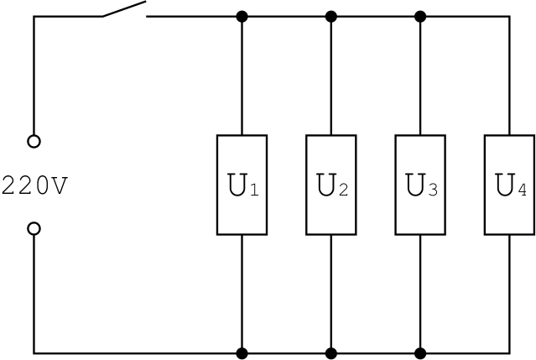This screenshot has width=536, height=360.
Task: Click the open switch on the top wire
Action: pos(124,11)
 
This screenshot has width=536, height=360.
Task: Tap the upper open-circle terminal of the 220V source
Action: pos(34,142)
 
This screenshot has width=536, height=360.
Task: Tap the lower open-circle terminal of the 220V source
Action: pos(34,228)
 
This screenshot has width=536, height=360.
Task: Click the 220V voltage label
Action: pos(34,185)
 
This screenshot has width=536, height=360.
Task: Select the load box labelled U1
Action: pos(242,185)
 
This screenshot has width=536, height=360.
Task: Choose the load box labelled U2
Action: pos(331,185)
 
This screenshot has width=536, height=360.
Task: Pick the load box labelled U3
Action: pos(420,185)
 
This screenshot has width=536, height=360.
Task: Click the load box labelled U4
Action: pos(509,185)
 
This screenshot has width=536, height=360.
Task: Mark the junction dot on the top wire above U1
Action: pos(242,16)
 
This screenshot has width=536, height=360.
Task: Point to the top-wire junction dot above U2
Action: pos(331,16)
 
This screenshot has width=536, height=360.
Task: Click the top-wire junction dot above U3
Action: pos(420,16)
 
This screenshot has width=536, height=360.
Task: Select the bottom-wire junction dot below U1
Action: pos(242,352)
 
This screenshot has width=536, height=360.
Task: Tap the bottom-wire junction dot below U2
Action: pos(331,352)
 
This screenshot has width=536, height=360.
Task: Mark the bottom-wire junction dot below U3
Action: pos(420,352)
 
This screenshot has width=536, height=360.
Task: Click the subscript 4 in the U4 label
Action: pos(522,190)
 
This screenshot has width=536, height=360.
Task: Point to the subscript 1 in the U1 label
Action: pos(255,190)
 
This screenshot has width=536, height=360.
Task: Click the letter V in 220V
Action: pos(58,185)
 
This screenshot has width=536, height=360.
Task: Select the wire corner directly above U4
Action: pos(509,16)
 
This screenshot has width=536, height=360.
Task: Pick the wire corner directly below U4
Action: pos(509,352)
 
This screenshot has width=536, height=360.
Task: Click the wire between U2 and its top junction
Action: pos(331,76)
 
